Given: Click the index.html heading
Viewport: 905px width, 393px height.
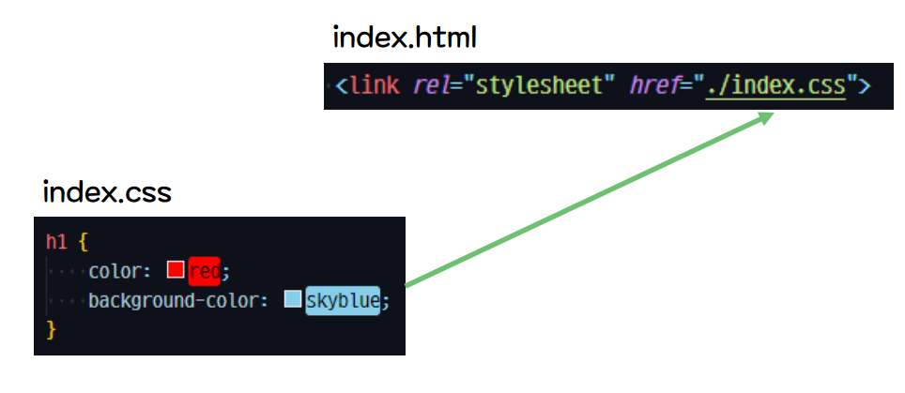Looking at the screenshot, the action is point(405,38).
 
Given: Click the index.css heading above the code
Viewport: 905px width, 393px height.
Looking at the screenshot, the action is point(107,193).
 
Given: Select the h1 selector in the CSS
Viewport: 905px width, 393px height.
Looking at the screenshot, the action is point(56,241).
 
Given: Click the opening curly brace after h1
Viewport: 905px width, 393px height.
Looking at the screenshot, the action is point(82,241).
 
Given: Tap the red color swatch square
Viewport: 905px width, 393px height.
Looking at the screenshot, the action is point(175,270).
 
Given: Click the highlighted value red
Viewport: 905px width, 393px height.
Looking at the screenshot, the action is point(204,271).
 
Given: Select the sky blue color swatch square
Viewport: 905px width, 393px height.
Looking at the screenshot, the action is point(292,300).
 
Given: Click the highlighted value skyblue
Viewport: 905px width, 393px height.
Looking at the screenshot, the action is point(342,301).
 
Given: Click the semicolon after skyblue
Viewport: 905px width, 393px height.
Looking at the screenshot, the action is point(385,301).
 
